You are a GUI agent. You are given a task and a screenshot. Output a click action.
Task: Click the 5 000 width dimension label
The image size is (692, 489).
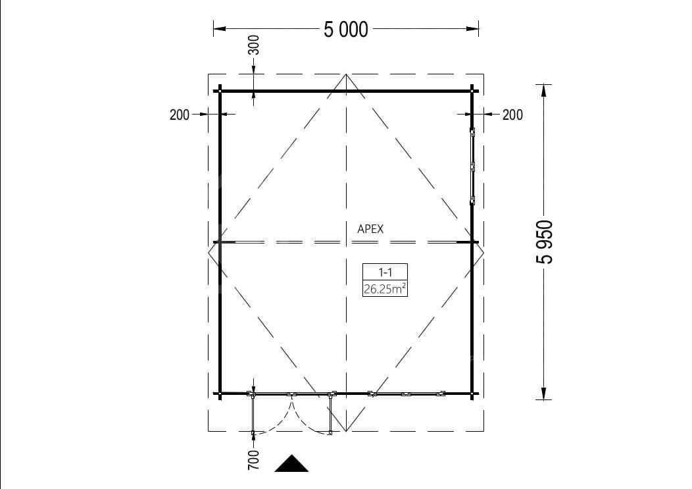(x=345, y=30)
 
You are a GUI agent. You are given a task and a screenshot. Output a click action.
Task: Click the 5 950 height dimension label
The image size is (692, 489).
(x=544, y=242)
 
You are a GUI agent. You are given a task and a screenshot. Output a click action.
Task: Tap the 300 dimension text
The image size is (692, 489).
(x=254, y=45)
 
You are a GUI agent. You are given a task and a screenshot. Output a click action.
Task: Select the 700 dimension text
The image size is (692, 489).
(x=254, y=460)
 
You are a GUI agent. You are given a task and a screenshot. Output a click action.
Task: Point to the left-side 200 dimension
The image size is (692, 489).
(x=179, y=115)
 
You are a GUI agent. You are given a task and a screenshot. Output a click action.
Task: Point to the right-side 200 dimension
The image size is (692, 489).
(x=512, y=115)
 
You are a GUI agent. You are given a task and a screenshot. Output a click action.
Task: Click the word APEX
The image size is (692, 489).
(x=370, y=229)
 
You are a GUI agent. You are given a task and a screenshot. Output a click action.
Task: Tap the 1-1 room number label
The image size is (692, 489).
(x=385, y=272)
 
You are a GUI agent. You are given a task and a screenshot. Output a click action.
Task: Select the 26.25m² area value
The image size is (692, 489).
(x=385, y=289)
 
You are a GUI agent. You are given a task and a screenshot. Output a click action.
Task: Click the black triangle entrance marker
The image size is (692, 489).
(x=291, y=465)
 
